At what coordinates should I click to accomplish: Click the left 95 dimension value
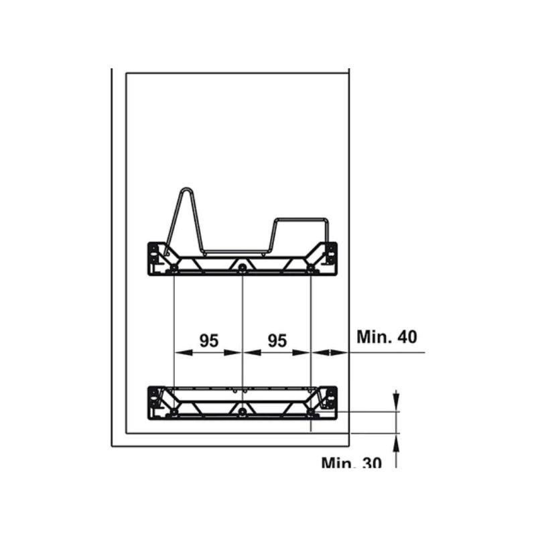209,340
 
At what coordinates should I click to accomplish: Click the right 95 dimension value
277,340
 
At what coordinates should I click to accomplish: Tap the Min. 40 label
387,337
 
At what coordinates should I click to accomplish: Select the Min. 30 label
351,463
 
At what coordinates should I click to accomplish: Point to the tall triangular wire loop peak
186,189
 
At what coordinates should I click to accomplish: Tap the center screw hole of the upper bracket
243,267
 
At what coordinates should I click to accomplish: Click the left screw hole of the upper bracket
174,267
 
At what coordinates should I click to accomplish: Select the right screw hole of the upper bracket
311,267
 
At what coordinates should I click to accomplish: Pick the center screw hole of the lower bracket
243,412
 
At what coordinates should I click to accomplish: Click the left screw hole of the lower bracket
174,412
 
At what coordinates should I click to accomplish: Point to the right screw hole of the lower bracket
311,412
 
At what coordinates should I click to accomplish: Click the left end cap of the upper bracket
154,258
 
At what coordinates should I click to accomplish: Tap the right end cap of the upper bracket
330,258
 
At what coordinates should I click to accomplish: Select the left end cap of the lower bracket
154,403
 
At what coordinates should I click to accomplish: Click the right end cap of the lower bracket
330,403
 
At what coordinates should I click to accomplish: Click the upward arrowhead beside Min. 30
396,443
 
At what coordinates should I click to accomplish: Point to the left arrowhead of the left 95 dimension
184,352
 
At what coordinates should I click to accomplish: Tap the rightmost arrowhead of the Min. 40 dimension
338,352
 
